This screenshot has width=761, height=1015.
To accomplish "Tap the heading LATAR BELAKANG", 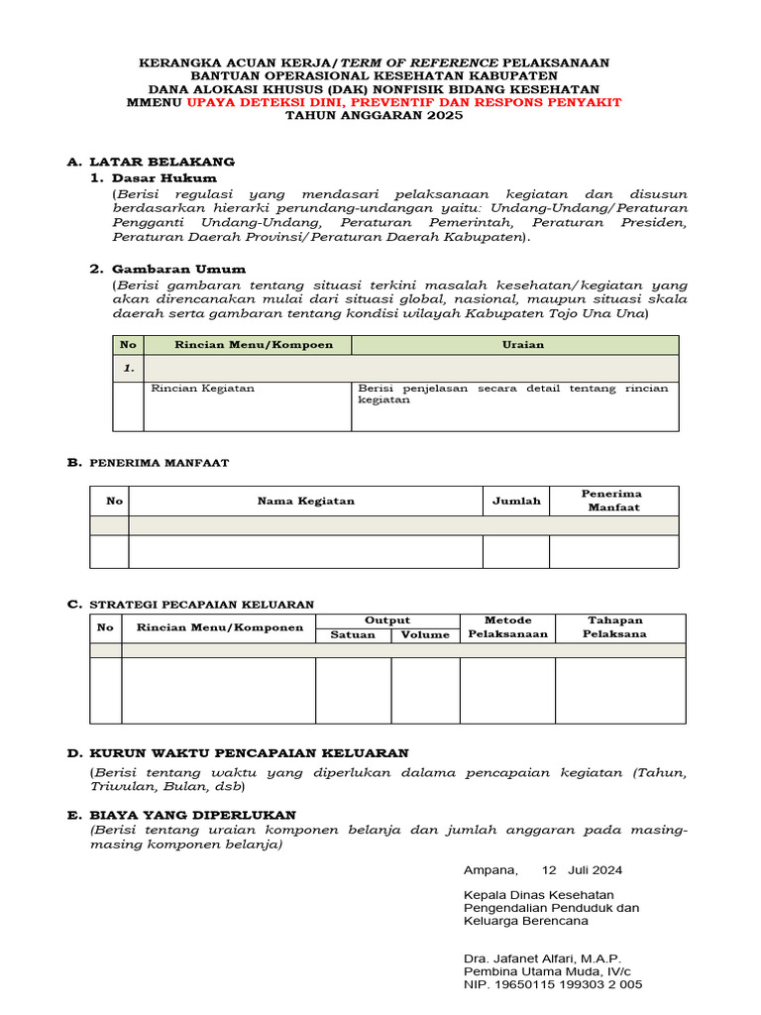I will click(x=162, y=162).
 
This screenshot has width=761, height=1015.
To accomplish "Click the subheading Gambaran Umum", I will click(x=179, y=269).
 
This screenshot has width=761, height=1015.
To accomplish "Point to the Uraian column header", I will click(x=515, y=345).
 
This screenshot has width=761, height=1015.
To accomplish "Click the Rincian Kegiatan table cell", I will click(x=202, y=389).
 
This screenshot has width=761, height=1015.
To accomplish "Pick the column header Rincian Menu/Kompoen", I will click(x=247, y=345).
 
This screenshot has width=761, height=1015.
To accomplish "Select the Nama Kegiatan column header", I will click(x=305, y=501).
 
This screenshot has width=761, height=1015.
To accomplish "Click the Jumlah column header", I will click(x=516, y=501).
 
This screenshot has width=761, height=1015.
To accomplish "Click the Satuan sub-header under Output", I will click(x=353, y=634).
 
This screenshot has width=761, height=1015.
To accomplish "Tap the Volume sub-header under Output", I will click(x=425, y=634).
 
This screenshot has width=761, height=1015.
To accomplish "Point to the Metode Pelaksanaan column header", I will click(x=507, y=627).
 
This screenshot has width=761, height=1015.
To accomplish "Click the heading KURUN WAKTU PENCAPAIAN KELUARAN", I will click(x=249, y=754).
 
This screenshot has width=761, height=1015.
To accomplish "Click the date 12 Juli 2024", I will click(x=582, y=870).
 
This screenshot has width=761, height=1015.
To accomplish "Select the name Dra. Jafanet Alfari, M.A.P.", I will click(x=542, y=958).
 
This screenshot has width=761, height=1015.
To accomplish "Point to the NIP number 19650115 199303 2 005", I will click(x=567, y=984).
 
